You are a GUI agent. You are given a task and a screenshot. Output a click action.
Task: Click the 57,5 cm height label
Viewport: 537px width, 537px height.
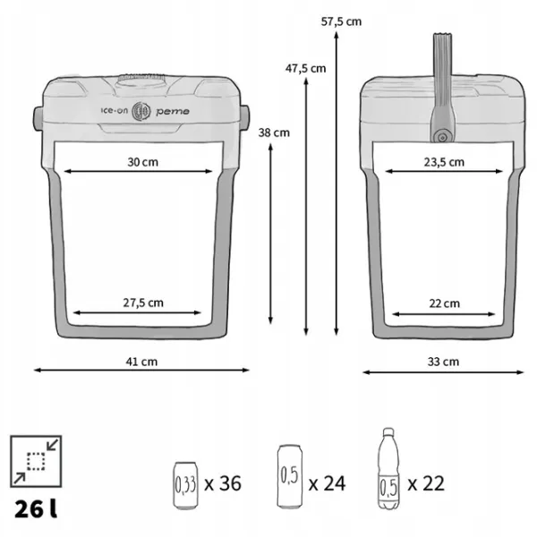coord(341,21)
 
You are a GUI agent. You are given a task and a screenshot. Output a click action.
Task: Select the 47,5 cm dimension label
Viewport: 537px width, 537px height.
coord(305,69)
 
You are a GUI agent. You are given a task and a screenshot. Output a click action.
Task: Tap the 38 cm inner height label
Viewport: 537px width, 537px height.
coord(274,132)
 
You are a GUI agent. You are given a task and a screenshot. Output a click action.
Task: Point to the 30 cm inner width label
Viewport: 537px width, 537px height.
coord(143,162)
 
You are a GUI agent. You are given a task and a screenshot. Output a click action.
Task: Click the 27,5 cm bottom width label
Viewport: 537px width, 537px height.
coord(143,303)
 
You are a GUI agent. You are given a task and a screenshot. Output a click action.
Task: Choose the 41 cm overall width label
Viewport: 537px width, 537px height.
coord(141,362)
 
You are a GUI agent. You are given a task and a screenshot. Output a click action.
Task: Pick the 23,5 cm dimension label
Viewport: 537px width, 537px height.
coord(444,162)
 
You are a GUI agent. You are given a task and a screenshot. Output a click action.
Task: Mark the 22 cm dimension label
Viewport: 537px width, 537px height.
coord(444,303)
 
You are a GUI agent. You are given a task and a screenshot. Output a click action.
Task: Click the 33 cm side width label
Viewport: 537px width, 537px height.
coord(443,362)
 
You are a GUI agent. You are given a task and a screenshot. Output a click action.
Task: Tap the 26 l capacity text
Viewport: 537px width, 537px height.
coord(36,508)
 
